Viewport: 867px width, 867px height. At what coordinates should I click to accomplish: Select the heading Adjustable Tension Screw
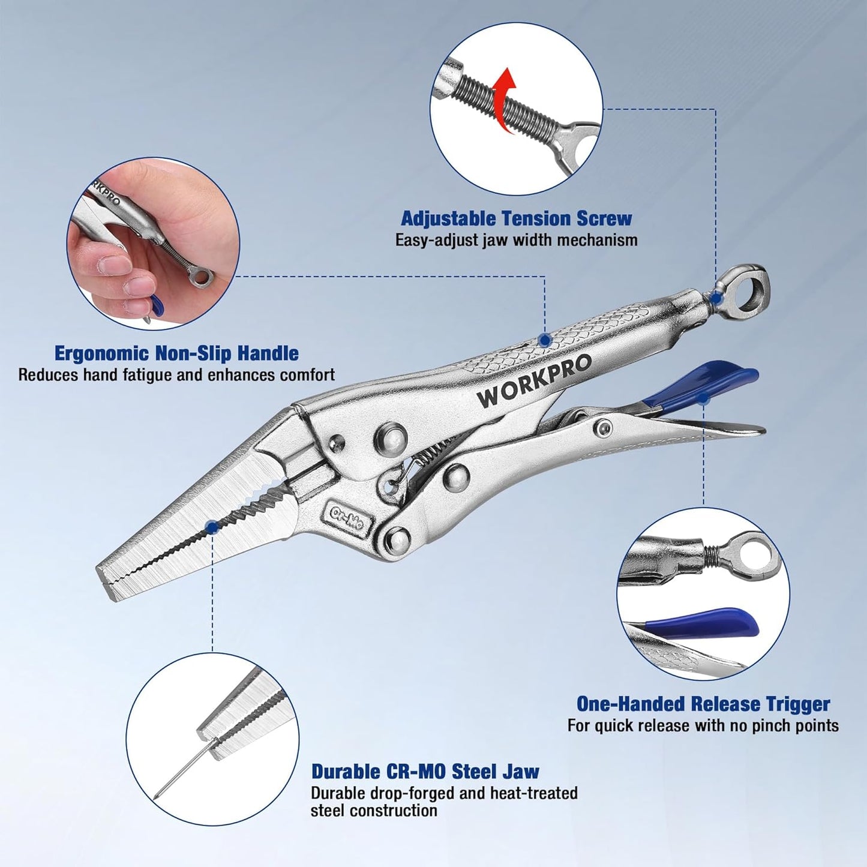[517, 218]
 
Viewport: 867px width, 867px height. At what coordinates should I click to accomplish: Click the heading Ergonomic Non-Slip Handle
[176, 353]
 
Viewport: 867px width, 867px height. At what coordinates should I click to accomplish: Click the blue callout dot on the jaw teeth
[212, 526]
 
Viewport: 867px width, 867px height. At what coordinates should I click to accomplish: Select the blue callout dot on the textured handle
[545, 339]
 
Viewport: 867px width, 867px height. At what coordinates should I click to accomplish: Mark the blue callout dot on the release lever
[703, 398]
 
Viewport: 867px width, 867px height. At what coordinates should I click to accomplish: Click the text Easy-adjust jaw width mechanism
[517, 240]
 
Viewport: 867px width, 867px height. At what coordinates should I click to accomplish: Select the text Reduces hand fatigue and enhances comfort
[176, 374]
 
